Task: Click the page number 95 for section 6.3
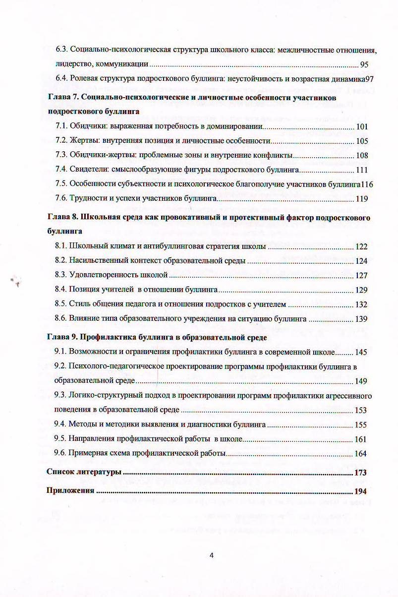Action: point(364,64)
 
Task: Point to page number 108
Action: point(362,156)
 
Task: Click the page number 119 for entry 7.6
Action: point(362,199)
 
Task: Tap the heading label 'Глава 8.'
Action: point(61,218)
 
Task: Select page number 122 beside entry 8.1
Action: point(362,246)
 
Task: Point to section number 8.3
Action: point(60,275)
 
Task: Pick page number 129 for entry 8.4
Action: point(362,290)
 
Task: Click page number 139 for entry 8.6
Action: point(362,319)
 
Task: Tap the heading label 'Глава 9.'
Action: point(61,338)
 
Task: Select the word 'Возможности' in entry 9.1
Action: point(94,352)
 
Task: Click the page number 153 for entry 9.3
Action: point(362,411)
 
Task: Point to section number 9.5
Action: point(60,439)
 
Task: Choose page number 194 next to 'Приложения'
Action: point(360,491)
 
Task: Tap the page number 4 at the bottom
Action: point(212,555)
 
